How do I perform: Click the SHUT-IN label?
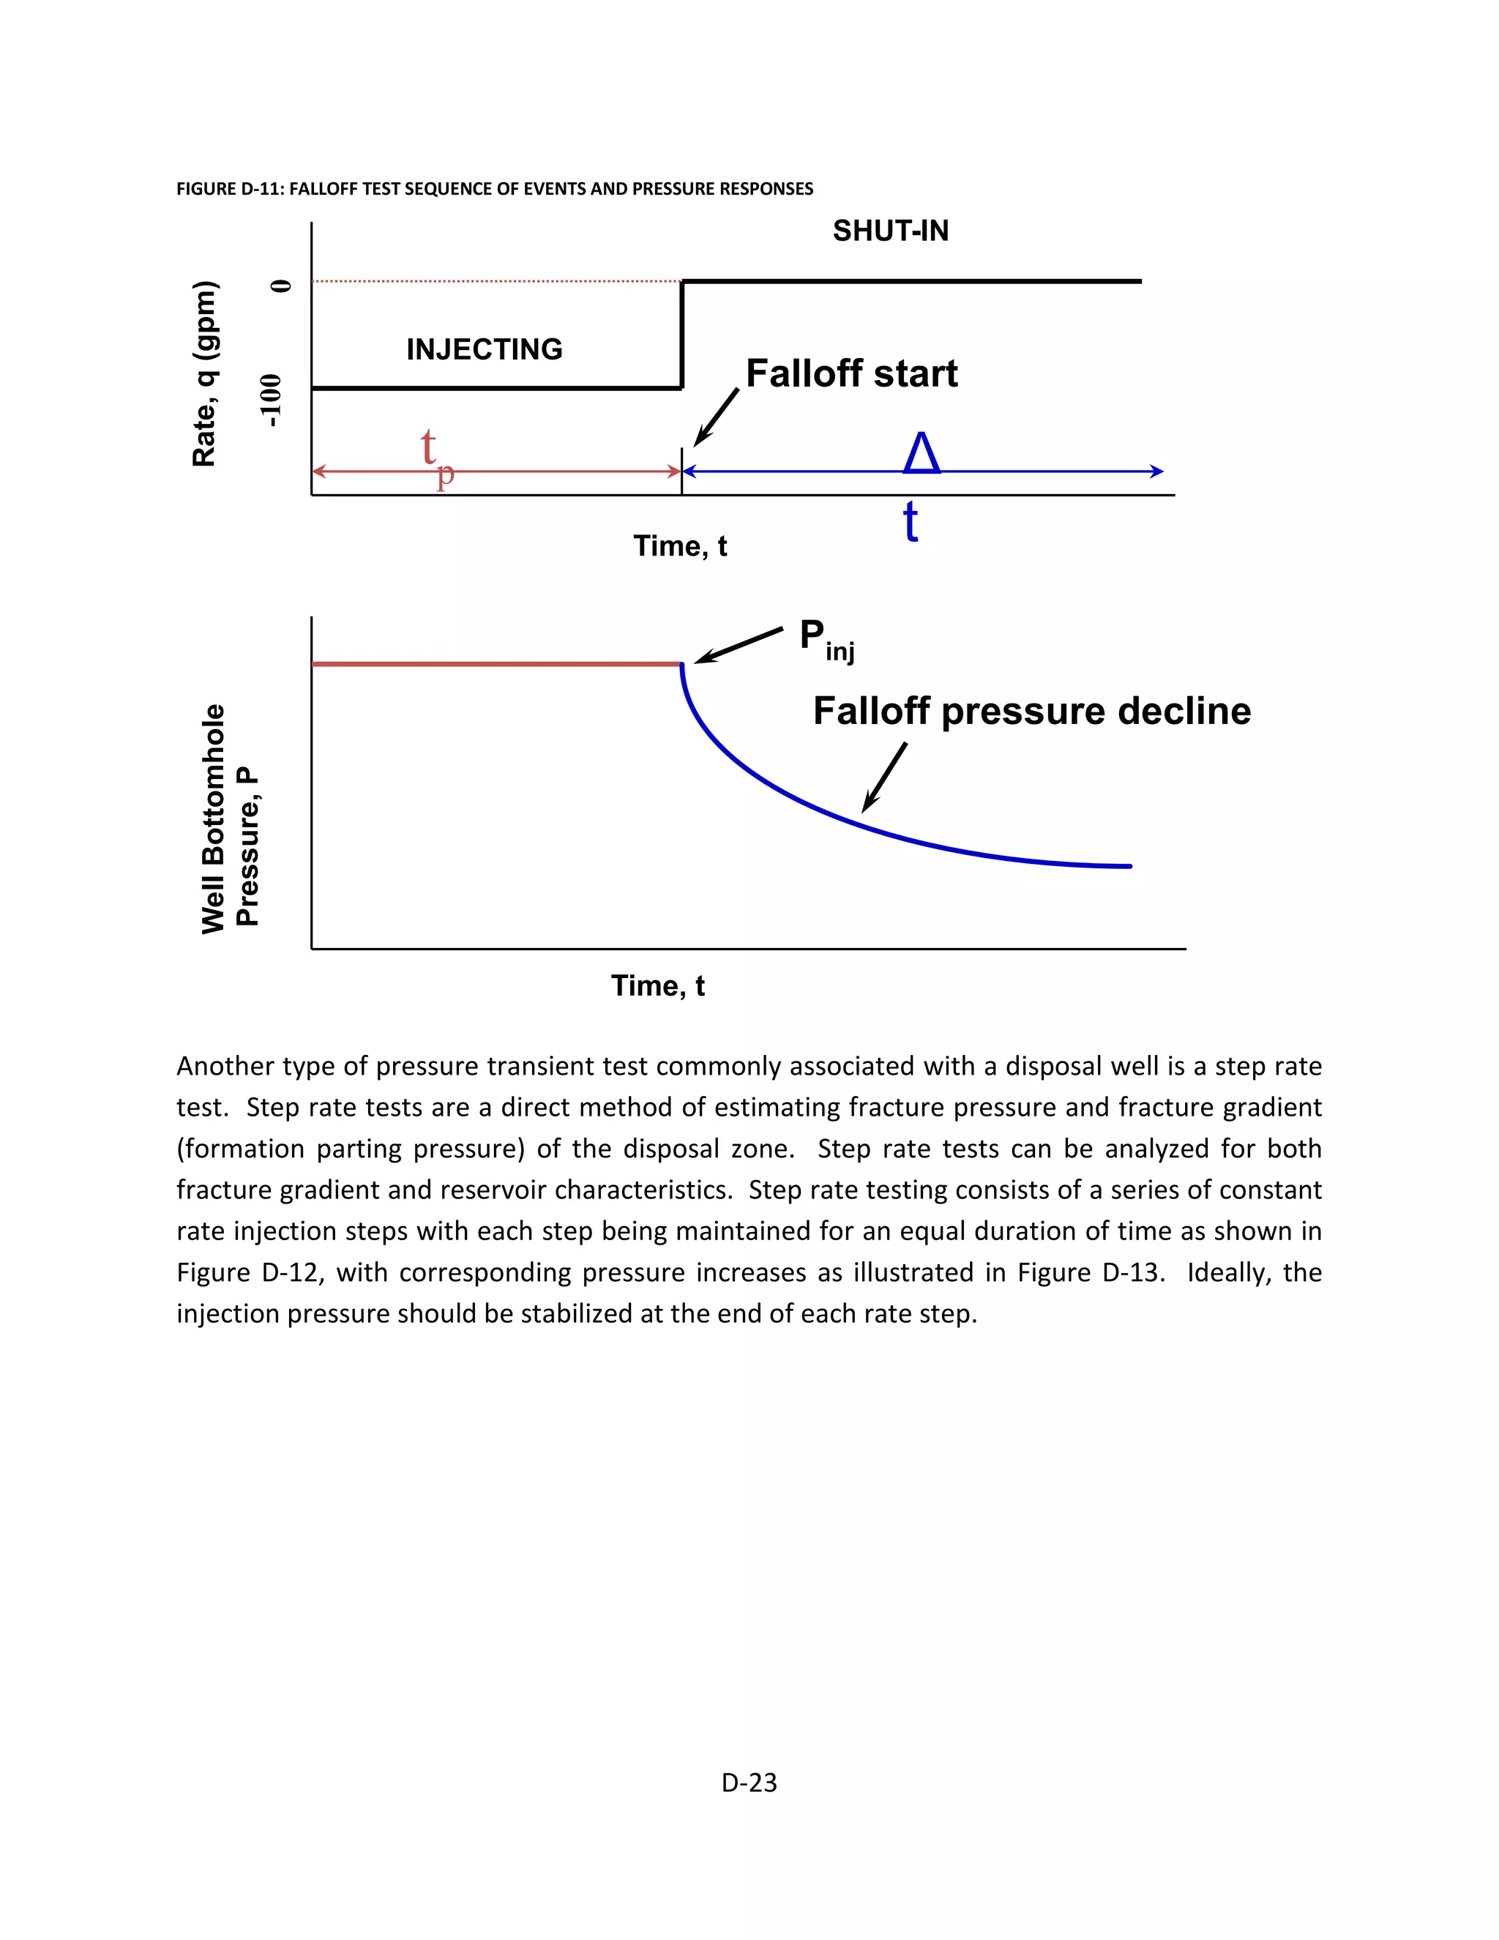pos(890,231)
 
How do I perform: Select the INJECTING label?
pos(484,349)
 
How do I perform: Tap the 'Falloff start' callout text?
pos(851,373)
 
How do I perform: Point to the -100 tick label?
pos(272,400)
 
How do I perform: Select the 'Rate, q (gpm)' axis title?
pos(204,373)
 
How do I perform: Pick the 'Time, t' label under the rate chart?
pos(679,545)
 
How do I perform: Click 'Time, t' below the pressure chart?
pos(657,985)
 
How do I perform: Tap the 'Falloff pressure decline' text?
pos(1031,711)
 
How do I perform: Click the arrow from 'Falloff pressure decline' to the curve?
pos(884,777)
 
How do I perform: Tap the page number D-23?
pos(749,1782)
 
